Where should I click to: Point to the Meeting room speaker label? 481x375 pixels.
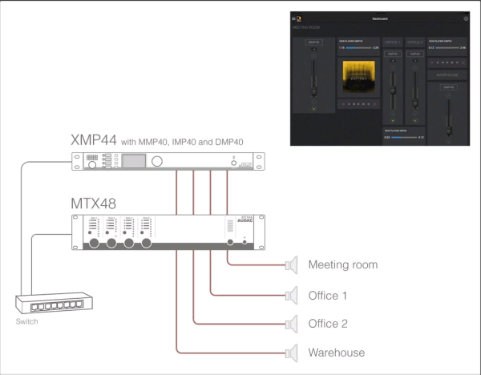tap(342, 264)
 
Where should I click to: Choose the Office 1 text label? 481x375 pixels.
tap(328, 296)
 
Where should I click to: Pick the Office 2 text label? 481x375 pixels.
tap(328, 324)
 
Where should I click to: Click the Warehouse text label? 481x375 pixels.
tap(336, 353)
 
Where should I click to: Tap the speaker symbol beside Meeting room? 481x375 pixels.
tap(292, 264)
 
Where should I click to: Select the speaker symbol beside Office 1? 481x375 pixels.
tap(292, 296)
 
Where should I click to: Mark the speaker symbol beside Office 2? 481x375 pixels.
tap(292, 324)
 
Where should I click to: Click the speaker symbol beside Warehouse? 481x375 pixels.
tap(292, 353)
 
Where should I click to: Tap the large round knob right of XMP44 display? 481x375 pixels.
tap(157, 163)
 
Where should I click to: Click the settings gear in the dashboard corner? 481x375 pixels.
tap(466, 17)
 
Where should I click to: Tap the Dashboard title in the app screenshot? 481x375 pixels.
tap(380, 17)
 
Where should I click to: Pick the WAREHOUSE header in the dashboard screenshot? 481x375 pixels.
tap(449, 75)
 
